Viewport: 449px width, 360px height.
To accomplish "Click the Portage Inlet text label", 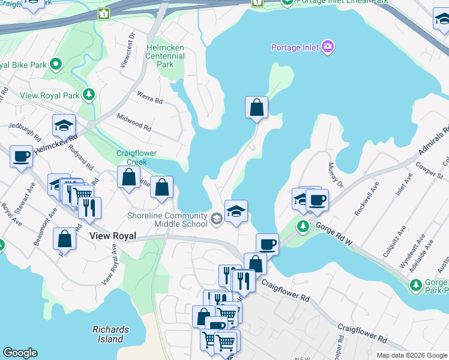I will coord(294,47).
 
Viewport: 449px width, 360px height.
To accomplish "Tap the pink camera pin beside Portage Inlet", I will coord(327,46).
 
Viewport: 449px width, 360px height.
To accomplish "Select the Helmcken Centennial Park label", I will coord(160,56).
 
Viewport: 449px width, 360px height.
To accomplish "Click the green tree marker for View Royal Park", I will coord(89,95).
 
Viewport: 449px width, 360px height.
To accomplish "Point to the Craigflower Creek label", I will coord(131,158).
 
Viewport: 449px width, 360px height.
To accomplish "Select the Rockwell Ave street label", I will coord(366,198).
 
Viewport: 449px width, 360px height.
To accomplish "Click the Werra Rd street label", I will coord(150,98).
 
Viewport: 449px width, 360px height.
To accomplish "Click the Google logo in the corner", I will coord(20,353).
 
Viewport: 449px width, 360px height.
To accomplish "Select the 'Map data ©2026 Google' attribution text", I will coord(412,355).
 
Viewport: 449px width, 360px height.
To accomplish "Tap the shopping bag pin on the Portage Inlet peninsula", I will coord(256,108).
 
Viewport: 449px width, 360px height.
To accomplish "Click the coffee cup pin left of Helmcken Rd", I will coord(22,157).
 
